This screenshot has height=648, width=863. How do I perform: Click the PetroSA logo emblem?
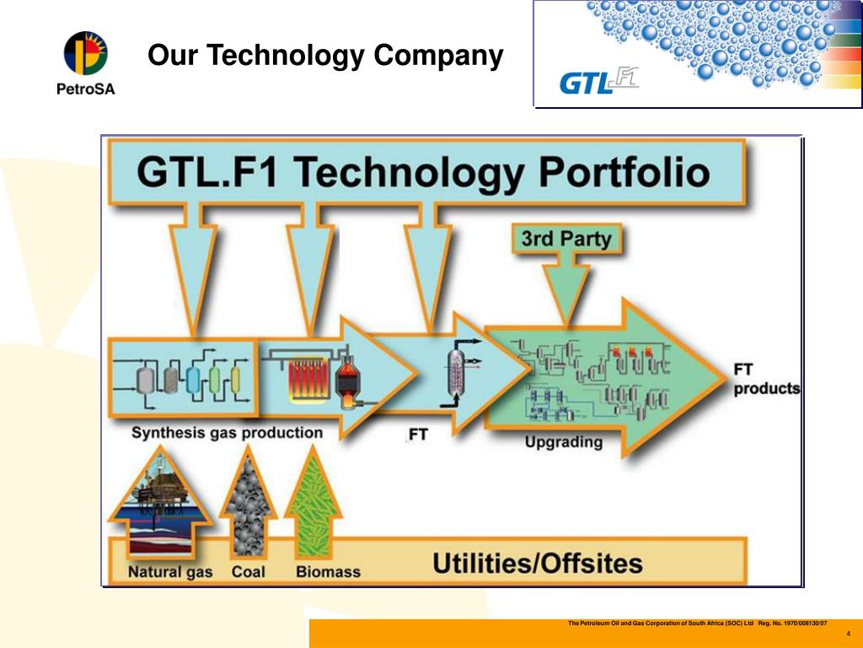(86, 51)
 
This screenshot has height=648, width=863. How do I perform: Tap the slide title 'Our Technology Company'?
(325, 57)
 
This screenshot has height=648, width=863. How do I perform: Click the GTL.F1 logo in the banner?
(599, 82)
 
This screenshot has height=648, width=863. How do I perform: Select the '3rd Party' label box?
(566, 239)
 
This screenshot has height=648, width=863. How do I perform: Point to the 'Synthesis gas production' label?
(227, 433)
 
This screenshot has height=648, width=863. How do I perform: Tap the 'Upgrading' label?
(564, 441)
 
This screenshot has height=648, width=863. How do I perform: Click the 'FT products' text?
(765, 380)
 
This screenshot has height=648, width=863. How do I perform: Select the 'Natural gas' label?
(170, 572)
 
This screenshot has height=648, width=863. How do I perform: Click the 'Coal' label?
(249, 572)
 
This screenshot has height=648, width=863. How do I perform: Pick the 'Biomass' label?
(328, 572)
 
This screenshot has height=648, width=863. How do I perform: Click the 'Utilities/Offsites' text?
(538, 563)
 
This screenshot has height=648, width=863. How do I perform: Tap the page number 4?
(848, 633)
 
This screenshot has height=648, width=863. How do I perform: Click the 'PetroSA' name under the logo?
(86, 89)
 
